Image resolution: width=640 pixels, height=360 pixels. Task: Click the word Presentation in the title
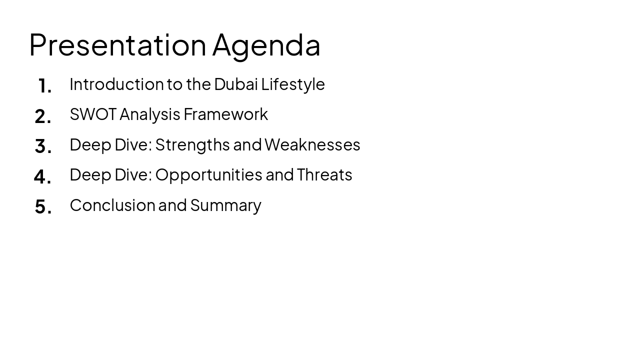click(x=117, y=45)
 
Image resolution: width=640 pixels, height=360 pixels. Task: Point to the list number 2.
click(x=43, y=116)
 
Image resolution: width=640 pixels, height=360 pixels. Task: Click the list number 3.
click(x=43, y=146)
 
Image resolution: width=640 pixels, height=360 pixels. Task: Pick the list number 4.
click(x=42, y=176)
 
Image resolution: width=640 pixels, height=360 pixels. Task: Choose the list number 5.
click(x=43, y=206)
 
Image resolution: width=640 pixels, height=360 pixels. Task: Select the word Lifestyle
click(x=293, y=84)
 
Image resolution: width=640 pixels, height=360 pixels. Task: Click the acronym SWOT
click(x=93, y=114)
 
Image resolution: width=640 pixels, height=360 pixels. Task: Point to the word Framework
click(x=225, y=114)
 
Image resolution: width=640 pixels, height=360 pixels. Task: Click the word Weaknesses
click(x=312, y=144)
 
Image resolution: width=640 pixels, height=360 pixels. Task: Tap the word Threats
click(x=324, y=174)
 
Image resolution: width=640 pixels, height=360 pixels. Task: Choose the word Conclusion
click(x=112, y=205)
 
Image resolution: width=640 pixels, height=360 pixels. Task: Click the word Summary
click(x=225, y=205)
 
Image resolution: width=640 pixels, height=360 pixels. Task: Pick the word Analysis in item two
click(x=149, y=114)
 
